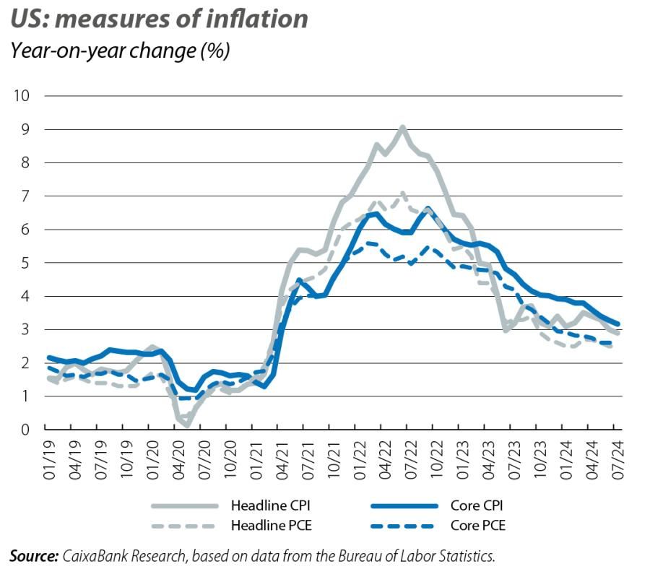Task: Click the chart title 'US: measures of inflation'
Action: (159, 19)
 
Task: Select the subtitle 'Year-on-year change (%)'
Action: (119, 51)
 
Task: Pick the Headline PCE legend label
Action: (268, 525)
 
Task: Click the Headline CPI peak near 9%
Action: (402, 128)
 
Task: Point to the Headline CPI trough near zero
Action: (186, 425)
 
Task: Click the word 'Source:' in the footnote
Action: (33, 555)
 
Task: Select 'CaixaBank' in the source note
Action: (90, 555)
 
